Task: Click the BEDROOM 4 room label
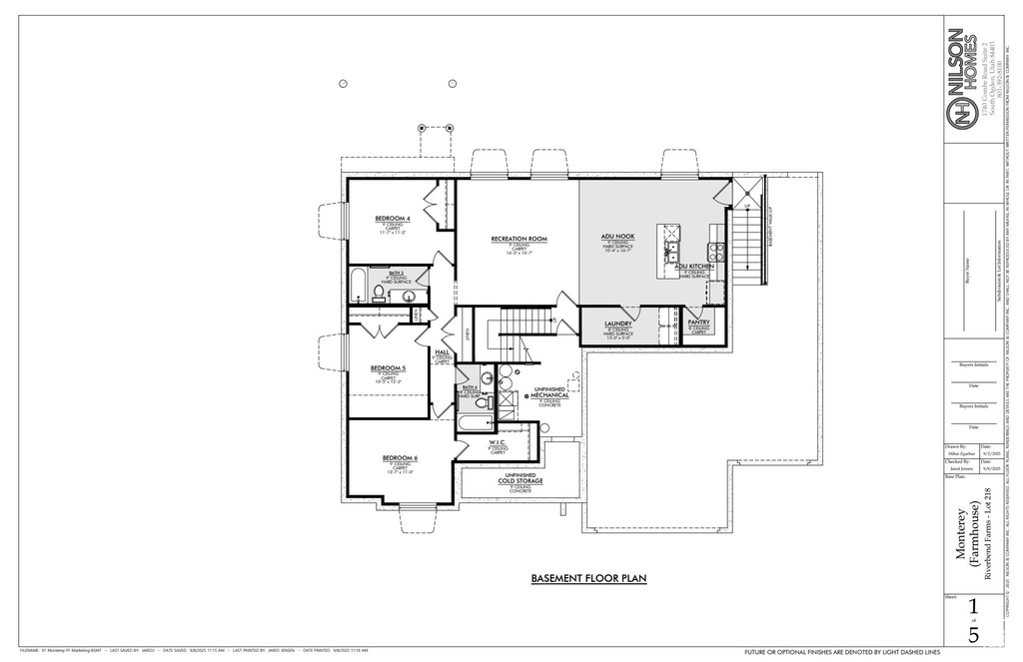[394, 218]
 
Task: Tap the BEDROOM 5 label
[388, 368]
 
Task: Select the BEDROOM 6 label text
[400, 458]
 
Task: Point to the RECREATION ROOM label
[519, 239]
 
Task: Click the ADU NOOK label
[617, 237]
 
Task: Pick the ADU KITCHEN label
[693, 267]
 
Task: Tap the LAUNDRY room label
[618, 324]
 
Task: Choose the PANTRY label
[699, 323]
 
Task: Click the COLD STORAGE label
[520, 481]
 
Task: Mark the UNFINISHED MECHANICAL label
[549, 392]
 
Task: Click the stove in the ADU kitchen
[715, 251]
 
